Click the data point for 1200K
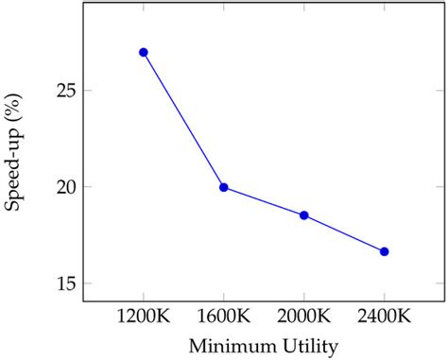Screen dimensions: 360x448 [x=144, y=52]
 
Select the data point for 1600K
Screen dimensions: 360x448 [x=224, y=187]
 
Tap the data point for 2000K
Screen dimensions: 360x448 [x=304, y=215]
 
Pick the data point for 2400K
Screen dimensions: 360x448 [x=385, y=251]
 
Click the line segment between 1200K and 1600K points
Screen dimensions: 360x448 [x=183, y=119]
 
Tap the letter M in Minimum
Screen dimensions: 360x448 [x=198, y=347]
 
